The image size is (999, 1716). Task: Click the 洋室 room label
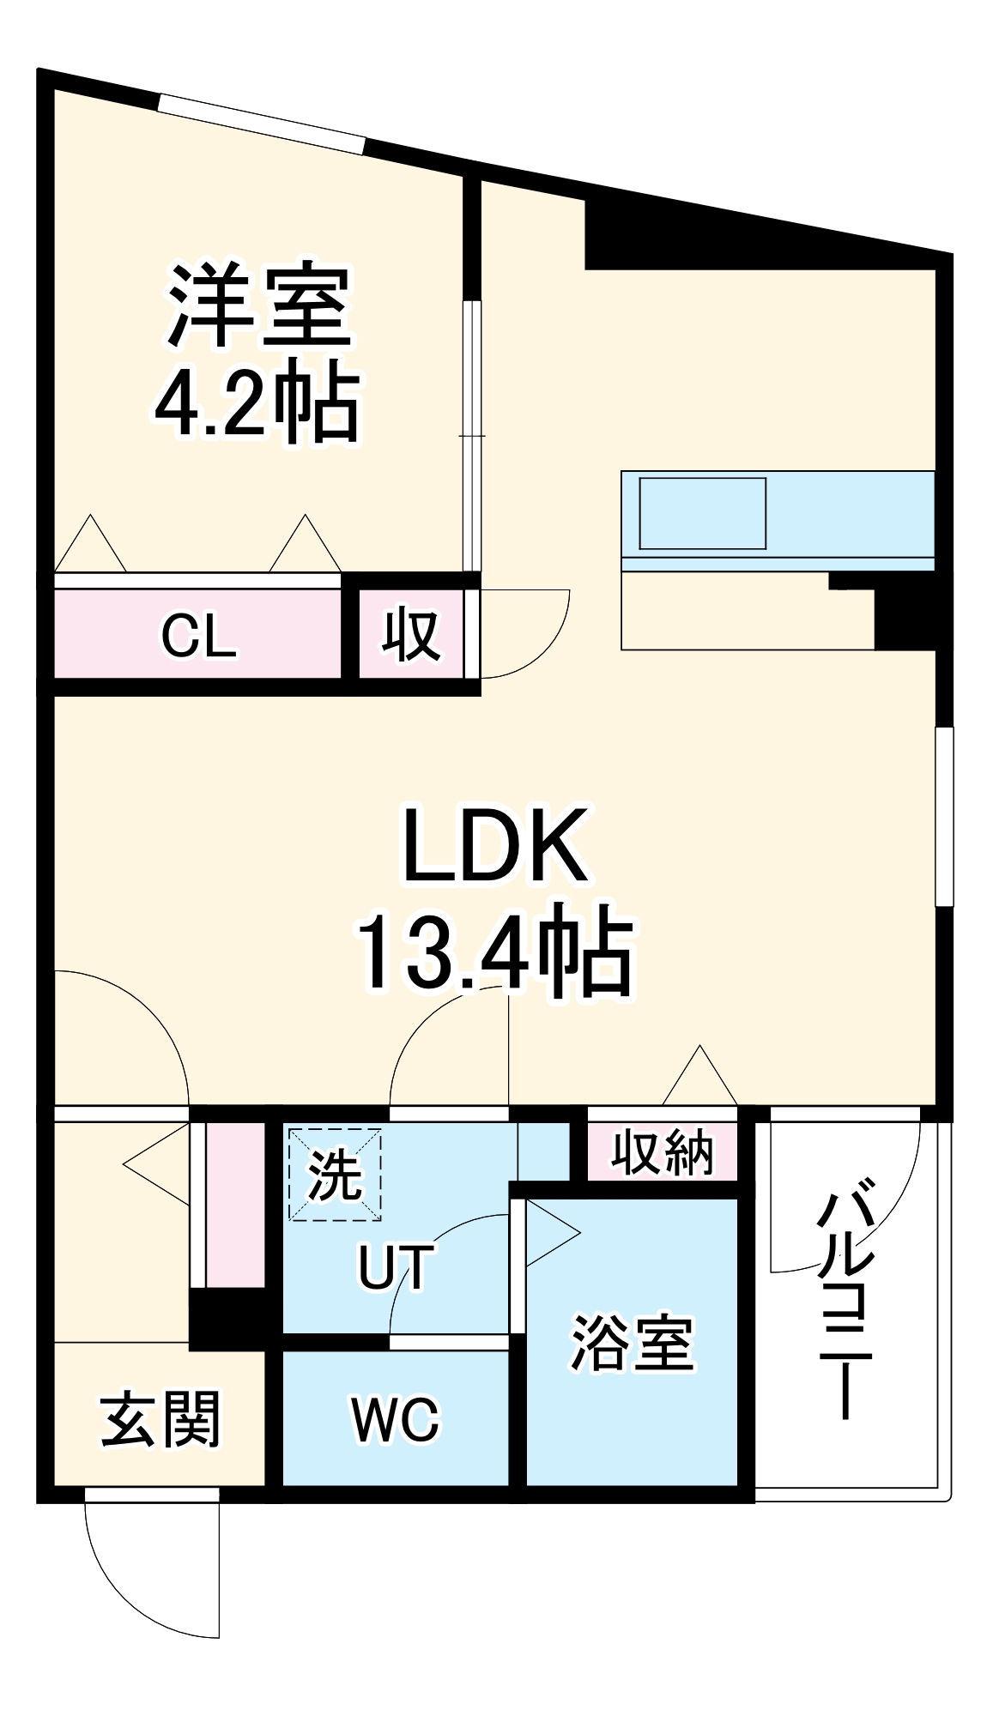259,305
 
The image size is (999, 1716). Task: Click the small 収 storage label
411,635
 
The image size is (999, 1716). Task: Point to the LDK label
495,846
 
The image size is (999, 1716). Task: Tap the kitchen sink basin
702,513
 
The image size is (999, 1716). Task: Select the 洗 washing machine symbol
335,1174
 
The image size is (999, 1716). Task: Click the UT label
396,1267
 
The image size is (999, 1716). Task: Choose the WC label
396,1420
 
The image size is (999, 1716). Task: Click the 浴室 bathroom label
633,1344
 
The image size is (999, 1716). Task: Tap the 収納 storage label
662,1153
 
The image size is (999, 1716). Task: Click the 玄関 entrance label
160,1420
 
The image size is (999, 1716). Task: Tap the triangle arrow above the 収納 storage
700,1077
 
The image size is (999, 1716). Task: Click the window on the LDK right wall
944,816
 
